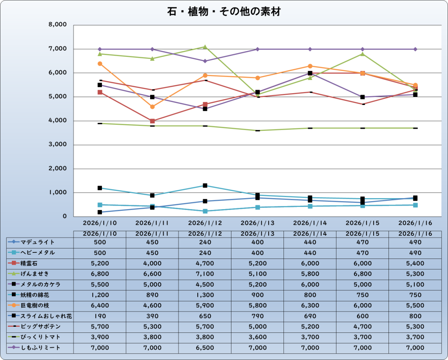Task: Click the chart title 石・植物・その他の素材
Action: coord(224,11)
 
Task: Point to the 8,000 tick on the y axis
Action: coord(58,25)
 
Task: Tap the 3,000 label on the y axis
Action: coord(58,145)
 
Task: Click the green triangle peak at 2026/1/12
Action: coord(205,47)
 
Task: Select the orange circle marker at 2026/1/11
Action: coord(152,107)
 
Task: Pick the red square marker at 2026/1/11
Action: coord(152,121)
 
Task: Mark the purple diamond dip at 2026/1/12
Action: coord(205,61)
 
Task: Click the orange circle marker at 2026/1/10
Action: coord(100,64)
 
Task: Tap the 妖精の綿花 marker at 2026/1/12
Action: coord(205,185)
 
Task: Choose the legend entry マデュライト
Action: coord(38,242)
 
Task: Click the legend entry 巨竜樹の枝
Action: coord(38,305)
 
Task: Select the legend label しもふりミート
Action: coord(40,348)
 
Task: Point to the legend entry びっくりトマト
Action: coord(40,337)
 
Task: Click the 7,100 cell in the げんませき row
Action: coord(205,274)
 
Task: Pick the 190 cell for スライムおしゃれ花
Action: coord(100,316)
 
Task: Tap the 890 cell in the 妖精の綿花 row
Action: coord(152,295)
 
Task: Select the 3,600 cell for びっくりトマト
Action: coord(257,337)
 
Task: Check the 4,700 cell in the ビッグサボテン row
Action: coord(362,327)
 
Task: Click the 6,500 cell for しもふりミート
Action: coord(205,348)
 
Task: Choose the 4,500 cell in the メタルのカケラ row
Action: coord(205,284)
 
